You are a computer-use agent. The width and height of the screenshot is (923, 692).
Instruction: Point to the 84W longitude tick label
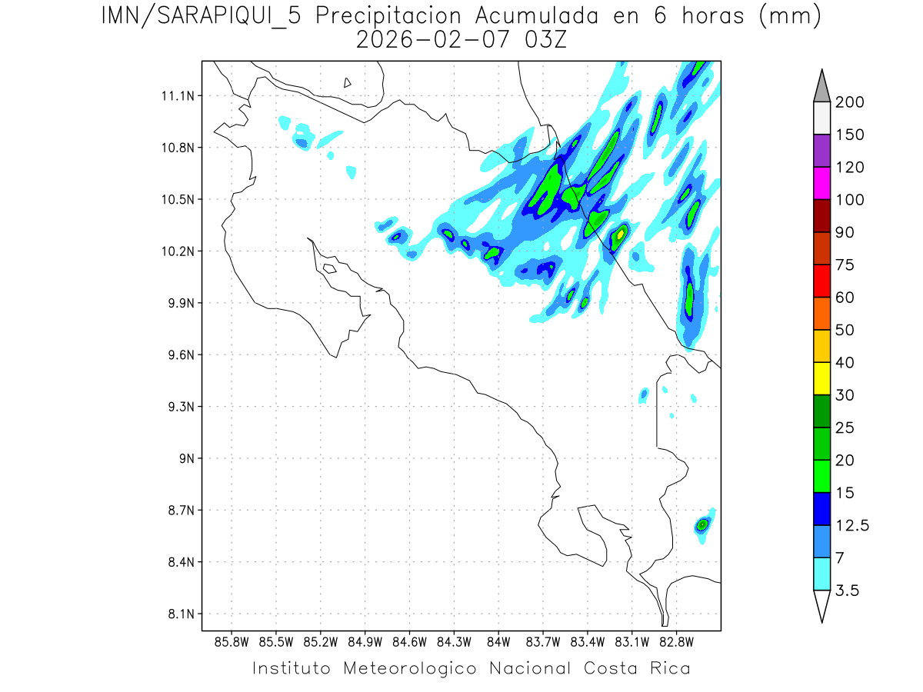click(498, 641)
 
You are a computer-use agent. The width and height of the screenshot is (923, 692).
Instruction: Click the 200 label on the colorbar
click(849, 103)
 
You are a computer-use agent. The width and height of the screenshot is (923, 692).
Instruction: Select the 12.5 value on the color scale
click(852, 525)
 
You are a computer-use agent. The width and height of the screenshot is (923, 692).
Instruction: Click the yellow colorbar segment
click(821, 378)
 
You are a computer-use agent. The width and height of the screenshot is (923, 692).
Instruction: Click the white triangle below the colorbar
click(821, 604)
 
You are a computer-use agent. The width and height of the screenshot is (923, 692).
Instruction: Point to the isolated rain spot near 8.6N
click(702, 525)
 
